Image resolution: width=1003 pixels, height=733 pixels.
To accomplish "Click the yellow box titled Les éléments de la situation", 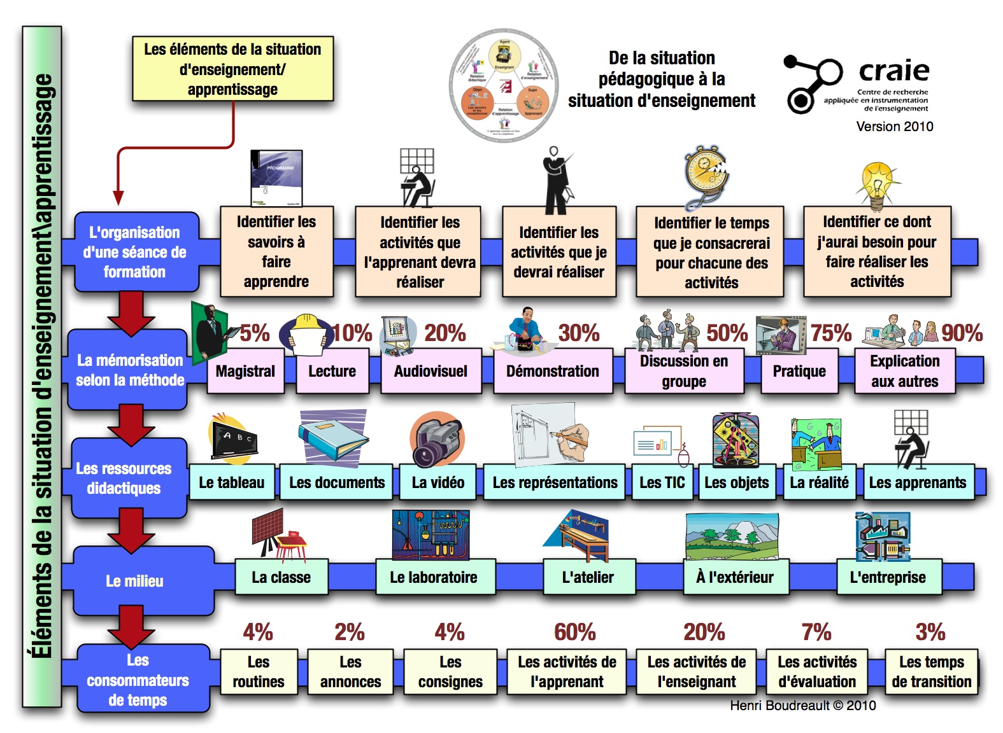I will pyautogui.click(x=232, y=69).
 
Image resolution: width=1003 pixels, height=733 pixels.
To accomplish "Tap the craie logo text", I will pyautogui.click(x=893, y=71).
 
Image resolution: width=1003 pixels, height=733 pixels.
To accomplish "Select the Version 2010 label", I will pyautogui.click(x=894, y=127).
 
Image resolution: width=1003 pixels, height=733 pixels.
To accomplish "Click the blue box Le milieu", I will pyautogui.click(x=135, y=581).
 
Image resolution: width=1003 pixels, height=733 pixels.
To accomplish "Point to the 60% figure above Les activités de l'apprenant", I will pyautogui.click(x=574, y=632).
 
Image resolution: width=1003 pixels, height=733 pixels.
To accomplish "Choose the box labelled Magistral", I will pyautogui.click(x=245, y=371).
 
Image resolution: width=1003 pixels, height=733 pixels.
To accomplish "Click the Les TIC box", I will pyautogui.click(x=662, y=482).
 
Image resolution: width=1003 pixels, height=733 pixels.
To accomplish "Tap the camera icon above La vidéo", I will pyautogui.click(x=436, y=440).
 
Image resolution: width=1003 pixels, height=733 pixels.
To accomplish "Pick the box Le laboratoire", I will pyautogui.click(x=434, y=577).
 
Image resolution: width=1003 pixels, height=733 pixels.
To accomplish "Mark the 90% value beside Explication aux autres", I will pyautogui.click(x=962, y=333).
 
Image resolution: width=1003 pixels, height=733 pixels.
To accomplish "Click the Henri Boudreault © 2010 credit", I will pyautogui.click(x=802, y=706).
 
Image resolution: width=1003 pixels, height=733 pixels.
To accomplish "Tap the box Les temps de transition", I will pyautogui.click(x=931, y=672).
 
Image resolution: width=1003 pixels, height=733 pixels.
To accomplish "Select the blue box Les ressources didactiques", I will pyautogui.click(x=124, y=478).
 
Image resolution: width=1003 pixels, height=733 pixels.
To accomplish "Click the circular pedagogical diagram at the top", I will pyautogui.click(x=504, y=85).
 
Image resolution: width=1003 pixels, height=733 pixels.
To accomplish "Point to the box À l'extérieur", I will pyautogui.click(x=735, y=577).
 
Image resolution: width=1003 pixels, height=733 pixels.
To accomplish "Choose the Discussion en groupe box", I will pyautogui.click(x=683, y=371).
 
